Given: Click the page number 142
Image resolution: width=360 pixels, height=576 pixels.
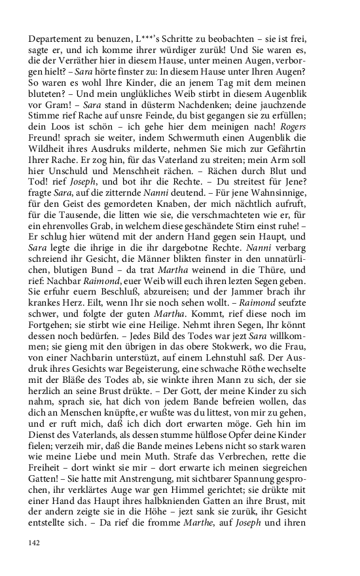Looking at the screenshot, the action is (35, 543).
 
